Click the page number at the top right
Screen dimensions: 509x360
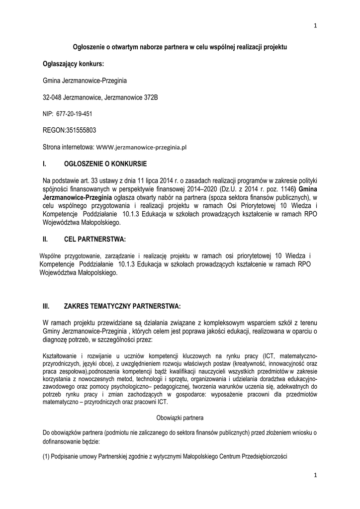pyautogui.click(x=316, y=26)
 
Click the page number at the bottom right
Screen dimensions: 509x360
pyautogui.click(x=316, y=476)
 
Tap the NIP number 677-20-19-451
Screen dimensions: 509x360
pyautogui.click(x=77, y=114)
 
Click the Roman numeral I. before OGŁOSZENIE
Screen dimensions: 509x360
pyautogui.click(x=45, y=163)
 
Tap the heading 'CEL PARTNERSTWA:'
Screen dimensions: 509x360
pyautogui.click(x=94, y=240)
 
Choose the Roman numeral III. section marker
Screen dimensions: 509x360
pyautogui.click(x=47, y=306)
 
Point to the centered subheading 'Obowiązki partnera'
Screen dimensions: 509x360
pyautogui.click(x=180, y=418)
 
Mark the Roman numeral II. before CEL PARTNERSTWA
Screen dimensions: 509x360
pyautogui.click(x=46, y=240)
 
